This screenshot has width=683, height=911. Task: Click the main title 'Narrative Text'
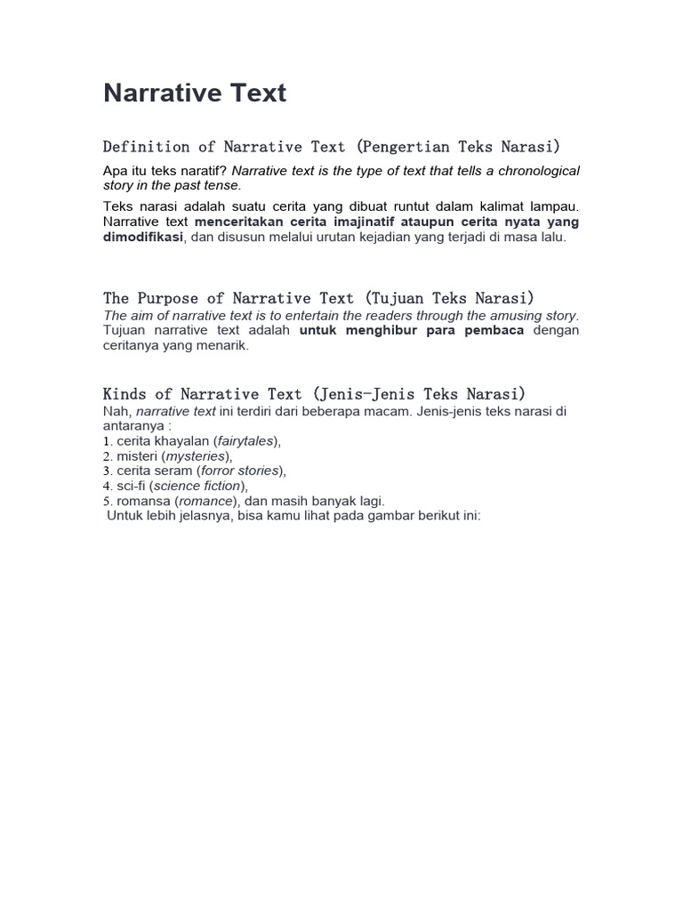(195, 93)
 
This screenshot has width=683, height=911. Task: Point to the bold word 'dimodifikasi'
(143, 238)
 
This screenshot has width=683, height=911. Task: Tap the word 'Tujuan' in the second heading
(394, 298)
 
